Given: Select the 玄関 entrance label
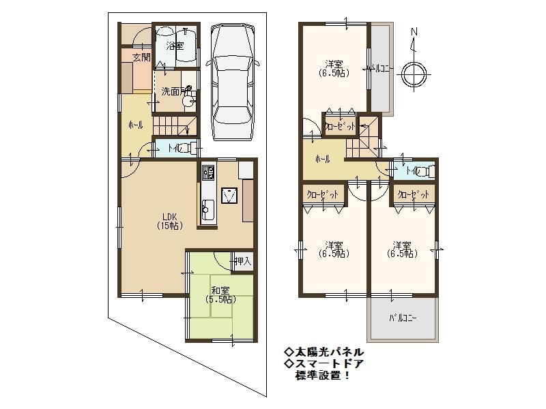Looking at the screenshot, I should point(141,56).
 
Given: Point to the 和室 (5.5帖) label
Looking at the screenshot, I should point(221,294).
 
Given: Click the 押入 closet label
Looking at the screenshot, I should point(242,260).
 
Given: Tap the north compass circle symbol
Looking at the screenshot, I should point(414,74).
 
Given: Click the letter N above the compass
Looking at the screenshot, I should point(414,33).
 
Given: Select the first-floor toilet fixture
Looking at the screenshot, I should point(187,149).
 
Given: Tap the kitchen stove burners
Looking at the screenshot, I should point(208,172).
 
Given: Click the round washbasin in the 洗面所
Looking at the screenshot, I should point(189,101).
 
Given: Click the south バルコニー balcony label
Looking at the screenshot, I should point(403,318).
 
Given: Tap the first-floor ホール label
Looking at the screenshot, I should point(135,126).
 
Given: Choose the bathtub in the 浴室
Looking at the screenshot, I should point(187,45).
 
